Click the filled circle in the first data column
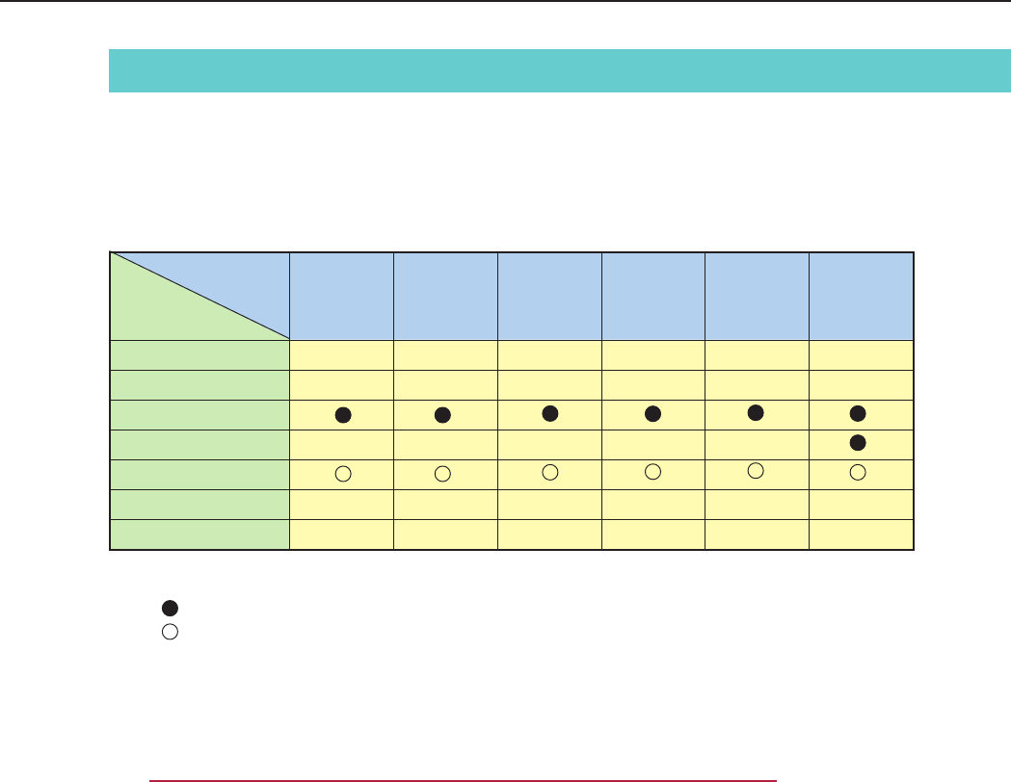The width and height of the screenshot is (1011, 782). tap(341, 414)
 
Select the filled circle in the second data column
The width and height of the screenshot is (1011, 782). tap(442, 414)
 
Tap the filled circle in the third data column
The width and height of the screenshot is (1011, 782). tap(550, 412)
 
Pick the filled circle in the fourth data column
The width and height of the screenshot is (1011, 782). tap(652, 413)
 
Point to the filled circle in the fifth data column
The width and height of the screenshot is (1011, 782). tap(756, 412)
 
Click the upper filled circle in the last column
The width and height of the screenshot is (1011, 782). tap(859, 413)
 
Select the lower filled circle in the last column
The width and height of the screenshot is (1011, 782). tap(859, 443)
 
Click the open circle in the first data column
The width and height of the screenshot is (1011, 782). tap(341, 474)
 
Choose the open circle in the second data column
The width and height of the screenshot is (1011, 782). tap(442, 474)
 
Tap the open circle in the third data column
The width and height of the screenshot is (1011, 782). tap(550, 472)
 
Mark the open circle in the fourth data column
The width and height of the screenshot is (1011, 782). tap(652, 471)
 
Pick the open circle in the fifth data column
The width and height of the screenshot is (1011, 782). tap(756, 470)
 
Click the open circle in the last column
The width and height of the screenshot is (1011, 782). tap(859, 472)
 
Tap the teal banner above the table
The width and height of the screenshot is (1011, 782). tap(559, 70)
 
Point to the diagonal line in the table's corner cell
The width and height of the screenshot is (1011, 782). tap(200, 296)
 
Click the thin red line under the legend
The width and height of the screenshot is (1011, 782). tap(463, 781)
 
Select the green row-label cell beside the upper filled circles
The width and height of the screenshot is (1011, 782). tap(200, 414)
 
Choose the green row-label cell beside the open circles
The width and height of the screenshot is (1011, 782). tap(200, 474)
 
